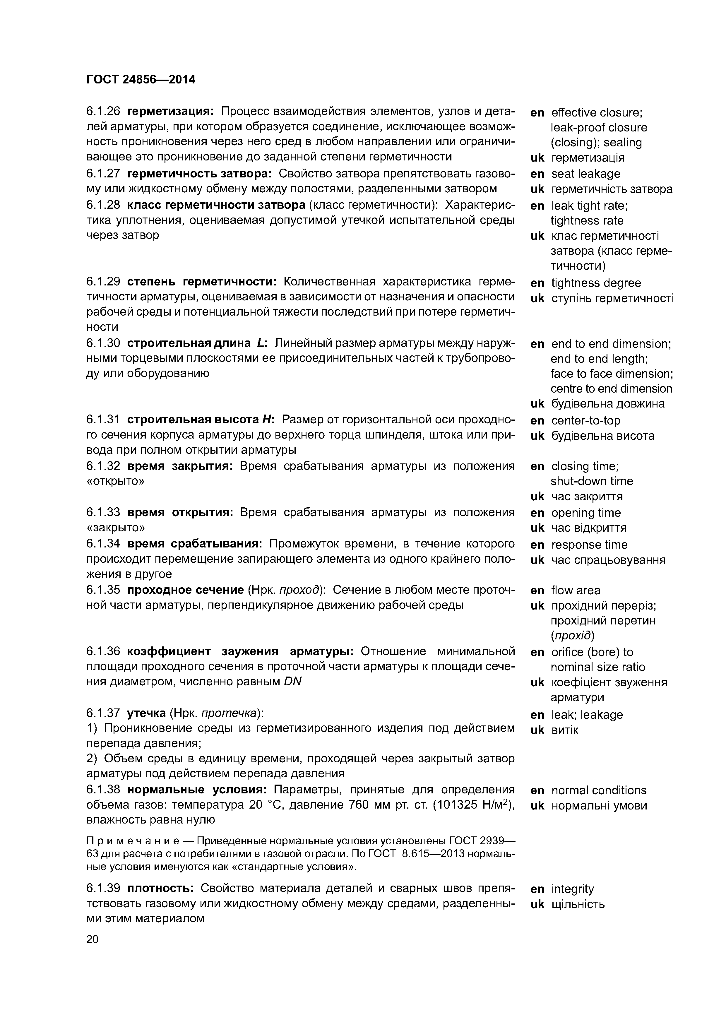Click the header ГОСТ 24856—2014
click(x=141, y=80)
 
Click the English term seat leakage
click(x=585, y=174)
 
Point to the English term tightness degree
click(x=596, y=283)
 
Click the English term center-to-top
click(x=585, y=420)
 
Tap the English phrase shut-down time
click(x=592, y=481)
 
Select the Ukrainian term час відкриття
click(x=589, y=528)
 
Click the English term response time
click(x=589, y=545)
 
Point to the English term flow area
click(x=576, y=590)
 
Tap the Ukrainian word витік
click(x=564, y=730)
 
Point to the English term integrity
click(x=573, y=889)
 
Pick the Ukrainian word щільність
click(x=578, y=904)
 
